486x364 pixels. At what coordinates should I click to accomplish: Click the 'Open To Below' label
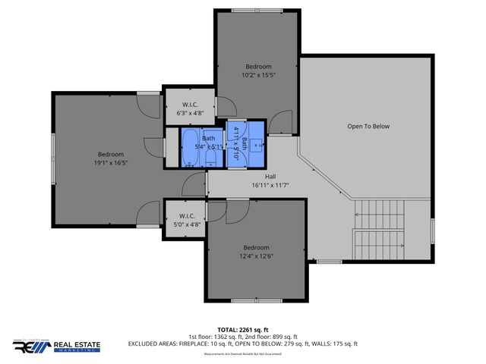(x=368, y=126)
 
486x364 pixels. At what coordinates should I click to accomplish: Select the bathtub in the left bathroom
(x=189, y=147)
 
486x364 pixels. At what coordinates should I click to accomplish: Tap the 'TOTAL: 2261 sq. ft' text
(x=242, y=330)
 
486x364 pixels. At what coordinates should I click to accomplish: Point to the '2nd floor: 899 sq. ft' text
(x=275, y=337)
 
